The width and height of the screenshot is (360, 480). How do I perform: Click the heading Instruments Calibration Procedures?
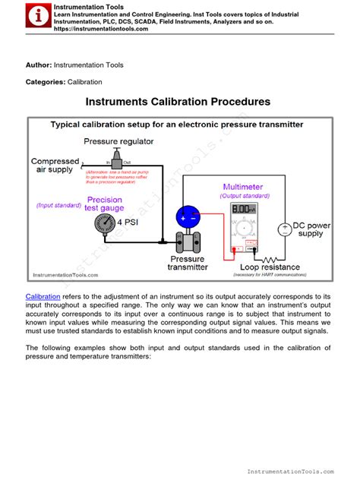click(178, 101)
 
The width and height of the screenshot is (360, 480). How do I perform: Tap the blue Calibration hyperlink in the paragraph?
click(44, 295)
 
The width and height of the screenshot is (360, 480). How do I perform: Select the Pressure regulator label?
click(118, 141)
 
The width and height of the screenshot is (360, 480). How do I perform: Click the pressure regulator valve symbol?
click(117, 160)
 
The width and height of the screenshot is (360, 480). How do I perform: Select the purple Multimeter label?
click(242, 186)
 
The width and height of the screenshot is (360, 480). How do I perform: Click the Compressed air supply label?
click(55, 166)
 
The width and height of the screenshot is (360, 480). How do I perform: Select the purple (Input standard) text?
click(58, 205)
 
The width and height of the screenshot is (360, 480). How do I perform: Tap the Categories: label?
click(46, 81)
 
